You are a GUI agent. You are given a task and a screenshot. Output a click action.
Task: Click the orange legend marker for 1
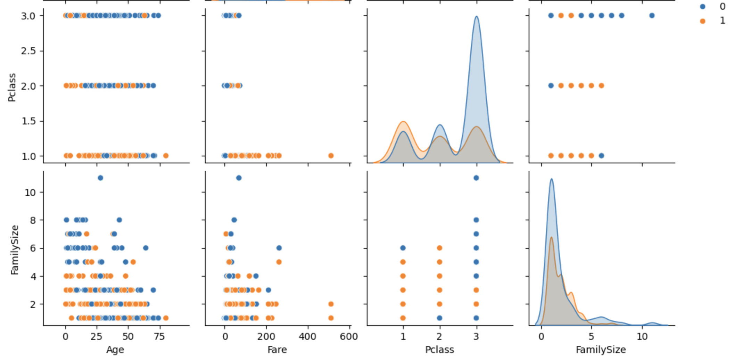[702, 21]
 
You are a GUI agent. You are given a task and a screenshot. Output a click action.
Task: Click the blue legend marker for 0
[702, 7]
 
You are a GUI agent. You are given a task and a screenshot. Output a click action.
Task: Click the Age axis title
[115, 350]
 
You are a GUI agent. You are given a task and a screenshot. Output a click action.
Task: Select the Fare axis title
[277, 350]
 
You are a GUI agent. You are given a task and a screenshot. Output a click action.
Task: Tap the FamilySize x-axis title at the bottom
[601, 350]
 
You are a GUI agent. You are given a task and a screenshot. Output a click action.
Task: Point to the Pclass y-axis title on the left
[12, 87]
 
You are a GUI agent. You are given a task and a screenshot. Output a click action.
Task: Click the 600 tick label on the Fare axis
[349, 337]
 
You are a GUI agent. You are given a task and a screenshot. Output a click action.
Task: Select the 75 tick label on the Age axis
[159, 337]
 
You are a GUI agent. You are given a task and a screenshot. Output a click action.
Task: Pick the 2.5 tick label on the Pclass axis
[28, 51]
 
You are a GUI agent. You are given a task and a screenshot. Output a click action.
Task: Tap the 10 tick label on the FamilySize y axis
[30, 192]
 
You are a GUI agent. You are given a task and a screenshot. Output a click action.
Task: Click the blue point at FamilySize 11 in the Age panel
[100, 178]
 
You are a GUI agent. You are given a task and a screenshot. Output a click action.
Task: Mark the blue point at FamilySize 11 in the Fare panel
[239, 178]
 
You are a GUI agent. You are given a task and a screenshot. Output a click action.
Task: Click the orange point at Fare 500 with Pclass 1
[331, 156]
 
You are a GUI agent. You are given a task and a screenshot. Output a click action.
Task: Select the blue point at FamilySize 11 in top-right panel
[652, 16]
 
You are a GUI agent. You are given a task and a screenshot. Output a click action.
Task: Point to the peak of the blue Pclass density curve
[476, 16]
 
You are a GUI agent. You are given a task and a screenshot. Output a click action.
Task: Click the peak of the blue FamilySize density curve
[551, 179]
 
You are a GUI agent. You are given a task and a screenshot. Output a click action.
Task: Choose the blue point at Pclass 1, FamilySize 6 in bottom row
[403, 248]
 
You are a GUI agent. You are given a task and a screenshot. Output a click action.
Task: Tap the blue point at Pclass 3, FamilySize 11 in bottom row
[476, 178]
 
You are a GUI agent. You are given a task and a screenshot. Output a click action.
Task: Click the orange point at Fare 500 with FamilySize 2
[331, 304]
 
